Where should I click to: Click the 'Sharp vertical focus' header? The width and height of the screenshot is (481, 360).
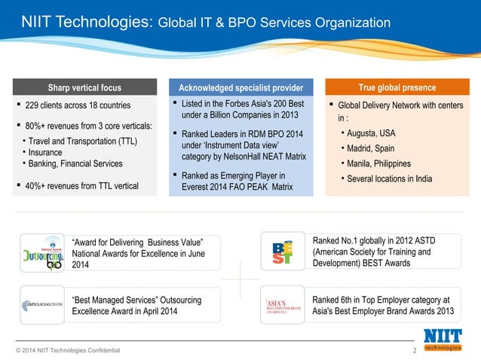[x=84, y=87]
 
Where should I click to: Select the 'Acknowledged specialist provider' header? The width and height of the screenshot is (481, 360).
[x=240, y=87]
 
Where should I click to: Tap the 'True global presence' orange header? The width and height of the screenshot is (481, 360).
[x=397, y=87]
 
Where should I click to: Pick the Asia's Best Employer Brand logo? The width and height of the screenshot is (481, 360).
[x=283, y=307]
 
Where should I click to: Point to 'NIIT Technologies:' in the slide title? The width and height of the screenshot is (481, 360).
[x=85, y=23]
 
